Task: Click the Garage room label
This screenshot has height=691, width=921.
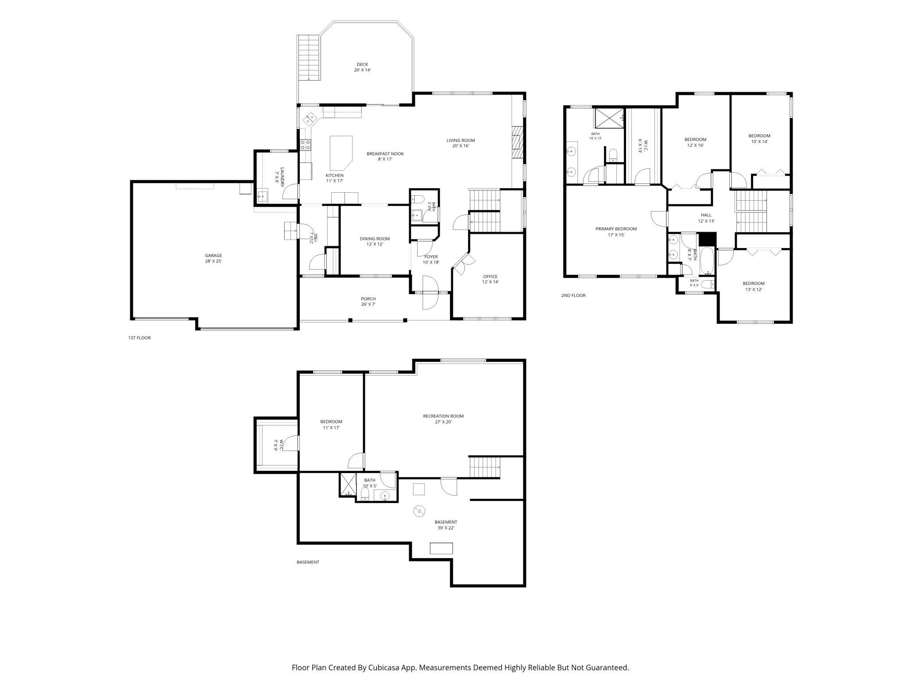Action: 213,258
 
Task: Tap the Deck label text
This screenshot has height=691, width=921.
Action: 362,67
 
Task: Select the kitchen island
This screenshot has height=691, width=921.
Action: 341,153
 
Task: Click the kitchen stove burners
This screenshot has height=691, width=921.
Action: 306,144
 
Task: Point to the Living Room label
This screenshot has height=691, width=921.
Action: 460,143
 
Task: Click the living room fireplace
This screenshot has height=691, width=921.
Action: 518,142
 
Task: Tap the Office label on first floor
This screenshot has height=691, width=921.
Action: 490,279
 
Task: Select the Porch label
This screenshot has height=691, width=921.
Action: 368,302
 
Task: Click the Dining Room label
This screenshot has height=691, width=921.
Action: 375,241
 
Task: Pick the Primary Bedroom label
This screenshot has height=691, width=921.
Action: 616,232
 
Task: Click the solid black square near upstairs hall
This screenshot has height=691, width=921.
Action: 707,240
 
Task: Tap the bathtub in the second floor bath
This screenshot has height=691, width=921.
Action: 707,261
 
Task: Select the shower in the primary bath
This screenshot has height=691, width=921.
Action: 608,118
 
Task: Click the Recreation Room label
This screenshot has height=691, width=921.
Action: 443,419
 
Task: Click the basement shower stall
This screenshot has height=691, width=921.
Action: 348,485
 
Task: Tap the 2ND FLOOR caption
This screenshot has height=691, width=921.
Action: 573,295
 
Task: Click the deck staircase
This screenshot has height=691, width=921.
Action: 309,58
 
